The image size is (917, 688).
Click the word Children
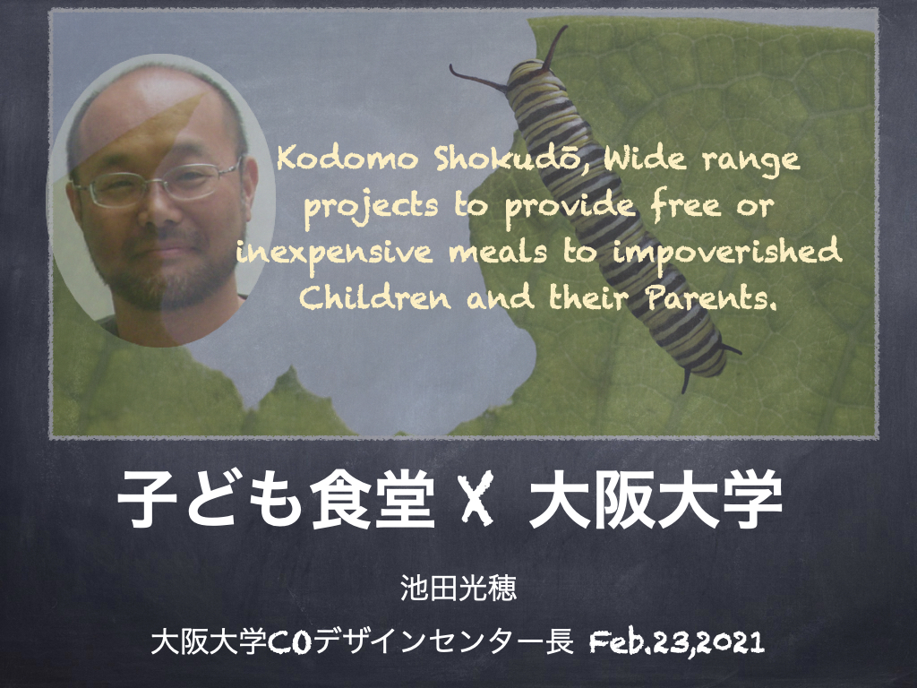coord(375,297)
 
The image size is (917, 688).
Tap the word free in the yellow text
coord(685,205)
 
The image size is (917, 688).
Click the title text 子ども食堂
coord(276,499)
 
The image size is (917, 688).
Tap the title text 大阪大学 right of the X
coord(655,499)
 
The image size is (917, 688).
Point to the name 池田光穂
coord(458,588)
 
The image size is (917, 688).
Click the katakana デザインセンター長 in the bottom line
coord(441,641)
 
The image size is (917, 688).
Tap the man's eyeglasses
coord(157,183)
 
